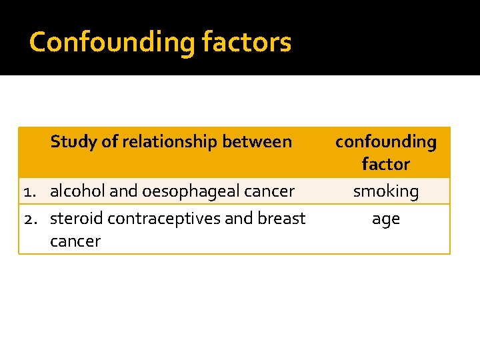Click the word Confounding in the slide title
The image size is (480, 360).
click(111, 42)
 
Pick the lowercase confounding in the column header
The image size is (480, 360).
click(385, 141)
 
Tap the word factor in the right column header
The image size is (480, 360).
click(385, 164)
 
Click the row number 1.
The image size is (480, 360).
click(29, 192)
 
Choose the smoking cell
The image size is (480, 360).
click(385, 192)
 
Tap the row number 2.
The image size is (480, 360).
click(29, 219)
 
